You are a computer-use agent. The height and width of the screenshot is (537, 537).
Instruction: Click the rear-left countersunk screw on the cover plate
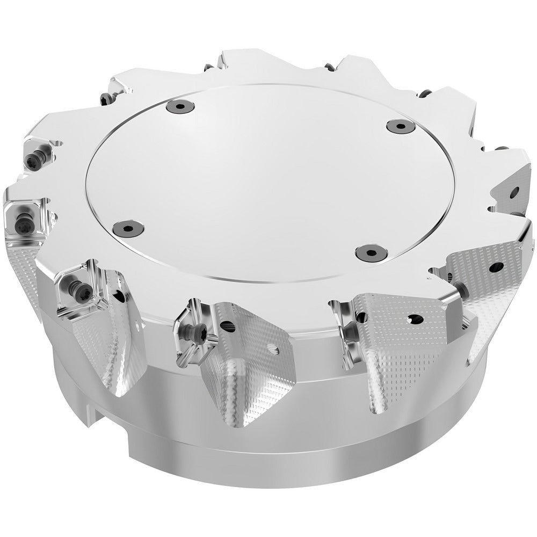point(178,106)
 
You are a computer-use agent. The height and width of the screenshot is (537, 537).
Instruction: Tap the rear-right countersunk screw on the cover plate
point(401,126)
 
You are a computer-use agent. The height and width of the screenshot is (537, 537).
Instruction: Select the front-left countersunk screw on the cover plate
point(129,228)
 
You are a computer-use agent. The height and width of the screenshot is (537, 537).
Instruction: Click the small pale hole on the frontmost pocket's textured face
point(275,352)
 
